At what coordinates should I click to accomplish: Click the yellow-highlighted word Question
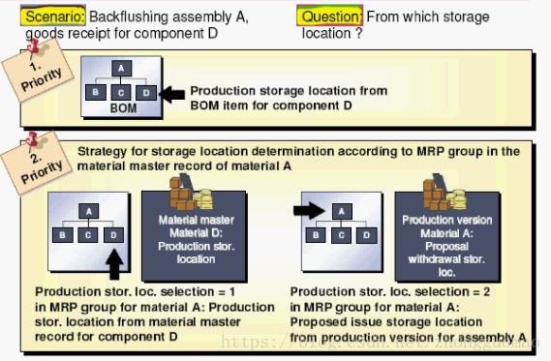coord(329,16)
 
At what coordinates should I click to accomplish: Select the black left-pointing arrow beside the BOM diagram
coord(170,94)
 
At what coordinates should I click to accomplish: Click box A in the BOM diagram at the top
coord(120,69)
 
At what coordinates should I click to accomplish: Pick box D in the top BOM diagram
coord(145,93)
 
